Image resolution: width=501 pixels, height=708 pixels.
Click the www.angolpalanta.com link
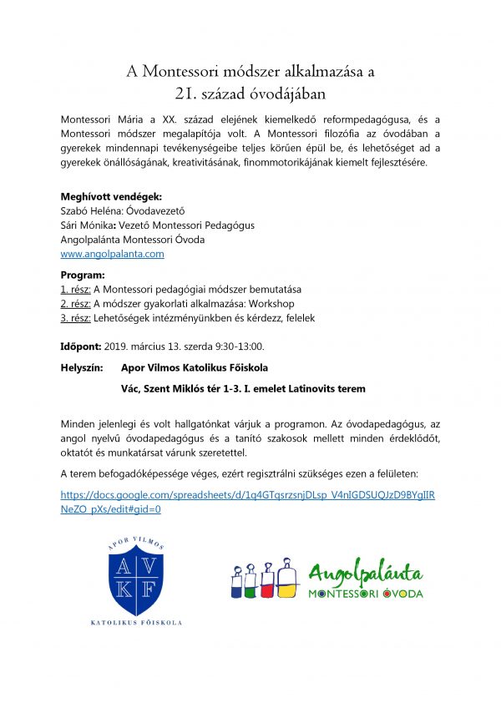point(112,254)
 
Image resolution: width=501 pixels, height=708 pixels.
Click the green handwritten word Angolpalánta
point(365,574)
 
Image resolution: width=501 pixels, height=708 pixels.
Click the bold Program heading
point(83,275)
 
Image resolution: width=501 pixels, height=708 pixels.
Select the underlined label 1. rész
point(76,289)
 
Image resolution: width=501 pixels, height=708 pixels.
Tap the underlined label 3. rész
point(76,318)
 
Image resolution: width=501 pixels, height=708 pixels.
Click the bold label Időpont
point(81,346)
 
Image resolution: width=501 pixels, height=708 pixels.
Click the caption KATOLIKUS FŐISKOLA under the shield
point(137,623)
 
